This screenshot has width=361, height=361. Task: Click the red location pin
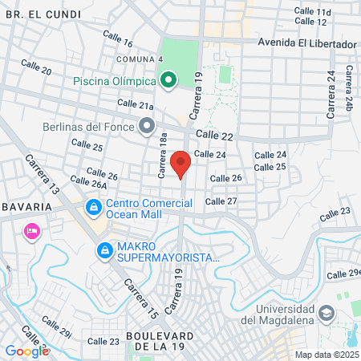point(181,164)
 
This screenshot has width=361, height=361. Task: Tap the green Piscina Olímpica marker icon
point(168,80)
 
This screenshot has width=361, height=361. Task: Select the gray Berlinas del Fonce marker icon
point(146,126)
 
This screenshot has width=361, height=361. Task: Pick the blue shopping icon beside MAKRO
point(104,251)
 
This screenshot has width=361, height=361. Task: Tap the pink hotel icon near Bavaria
point(32,231)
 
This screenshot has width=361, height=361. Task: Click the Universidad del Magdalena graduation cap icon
point(327,311)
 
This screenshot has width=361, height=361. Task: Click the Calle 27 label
point(221,201)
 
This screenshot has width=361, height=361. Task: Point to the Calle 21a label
point(135,104)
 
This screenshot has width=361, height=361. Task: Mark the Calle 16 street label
point(118,38)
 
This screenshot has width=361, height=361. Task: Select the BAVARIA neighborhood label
point(26,206)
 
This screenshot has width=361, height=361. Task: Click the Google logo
point(27,351)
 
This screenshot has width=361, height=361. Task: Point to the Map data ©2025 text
point(324,355)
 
